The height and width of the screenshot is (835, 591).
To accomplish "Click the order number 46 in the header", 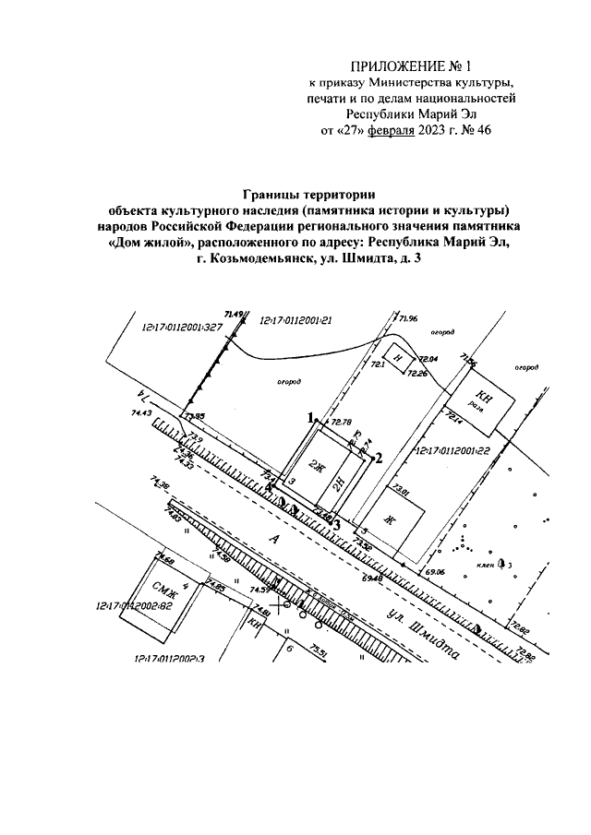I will pos(482,130).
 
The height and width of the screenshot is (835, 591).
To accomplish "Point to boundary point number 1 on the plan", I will pos(312,416).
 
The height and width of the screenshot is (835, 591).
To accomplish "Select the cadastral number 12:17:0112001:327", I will pos(183,327).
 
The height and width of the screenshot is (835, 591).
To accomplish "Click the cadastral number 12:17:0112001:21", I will pos(295,318).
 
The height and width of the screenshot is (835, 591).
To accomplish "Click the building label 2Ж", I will pos(319,463).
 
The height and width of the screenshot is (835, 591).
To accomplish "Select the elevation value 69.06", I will pos(435,572).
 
